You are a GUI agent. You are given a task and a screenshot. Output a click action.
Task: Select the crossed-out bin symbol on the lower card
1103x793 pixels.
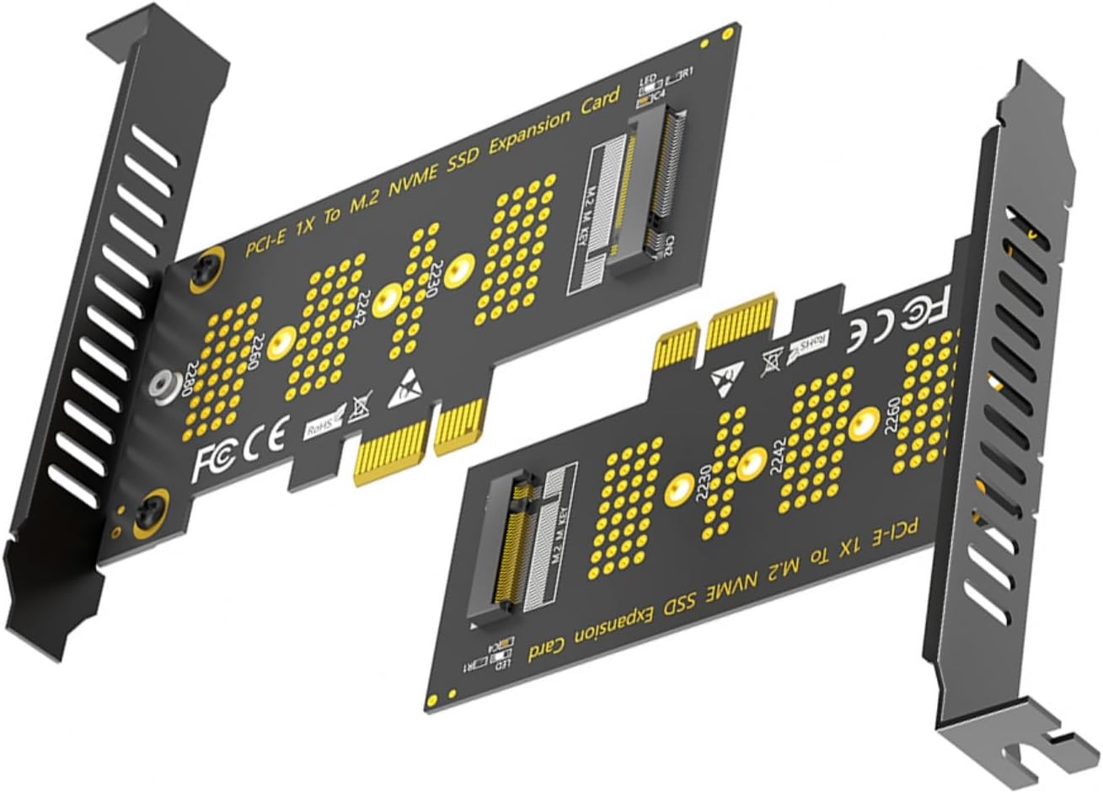click(770, 363)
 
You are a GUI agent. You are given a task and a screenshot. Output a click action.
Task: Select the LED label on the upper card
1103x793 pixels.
click(647, 82)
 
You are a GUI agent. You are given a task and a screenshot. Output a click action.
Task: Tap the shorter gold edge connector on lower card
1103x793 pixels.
click(677, 342)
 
